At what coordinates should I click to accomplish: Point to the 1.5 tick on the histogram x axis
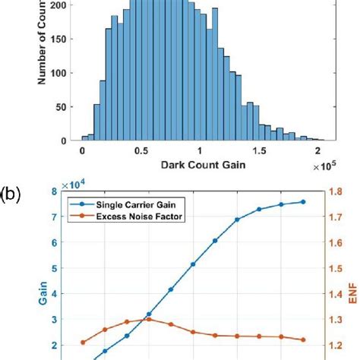258,150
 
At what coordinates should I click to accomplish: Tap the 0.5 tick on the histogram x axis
141,150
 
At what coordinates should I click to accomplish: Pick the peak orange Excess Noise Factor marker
149,319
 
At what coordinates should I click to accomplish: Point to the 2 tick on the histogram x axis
317,150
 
